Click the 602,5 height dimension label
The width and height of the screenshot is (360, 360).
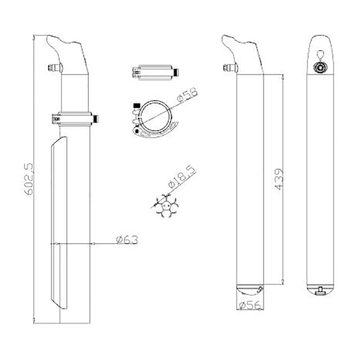click(29, 179)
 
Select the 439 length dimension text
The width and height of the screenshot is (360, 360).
click(279, 179)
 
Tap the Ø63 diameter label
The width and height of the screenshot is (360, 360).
click(127, 240)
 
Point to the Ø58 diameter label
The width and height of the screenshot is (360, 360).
click(187, 95)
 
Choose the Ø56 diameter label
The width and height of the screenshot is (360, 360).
click(250, 305)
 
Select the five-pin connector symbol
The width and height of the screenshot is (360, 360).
click(166, 206)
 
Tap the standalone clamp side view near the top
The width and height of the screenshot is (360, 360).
click(155, 73)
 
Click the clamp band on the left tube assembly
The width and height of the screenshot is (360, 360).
click(75, 119)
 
